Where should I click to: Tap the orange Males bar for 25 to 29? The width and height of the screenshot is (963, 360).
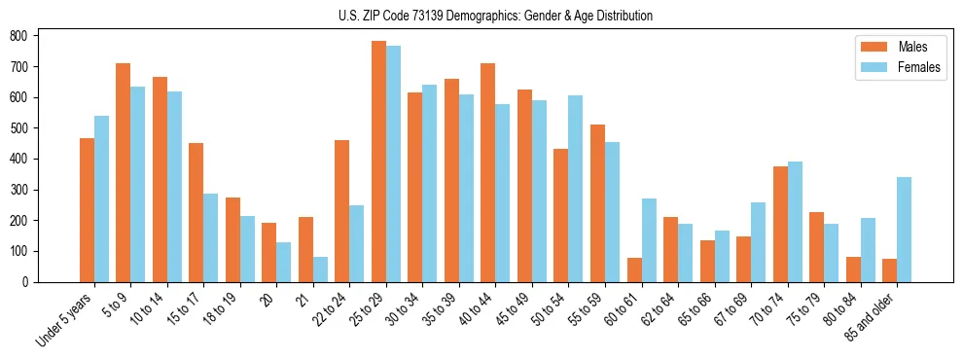pyautogui.click(x=378, y=162)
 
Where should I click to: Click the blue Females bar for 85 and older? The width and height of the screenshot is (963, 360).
pyautogui.click(x=904, y=230)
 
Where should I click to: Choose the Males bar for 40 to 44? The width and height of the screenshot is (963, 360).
pyautogui.click(x=488, y=173)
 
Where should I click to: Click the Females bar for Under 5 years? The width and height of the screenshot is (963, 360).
pyautogui.click(x=101, y=198)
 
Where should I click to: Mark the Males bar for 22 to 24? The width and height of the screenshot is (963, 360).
pyautogui.click(x=342, y=211)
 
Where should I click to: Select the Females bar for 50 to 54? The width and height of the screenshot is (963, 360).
pyautogui.click(x=576, y=189)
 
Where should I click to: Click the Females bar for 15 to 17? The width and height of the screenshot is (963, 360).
pyautogui.click(x=211, y=237)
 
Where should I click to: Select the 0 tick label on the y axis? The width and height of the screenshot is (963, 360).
pyautogui.click(x=30, y=282)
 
